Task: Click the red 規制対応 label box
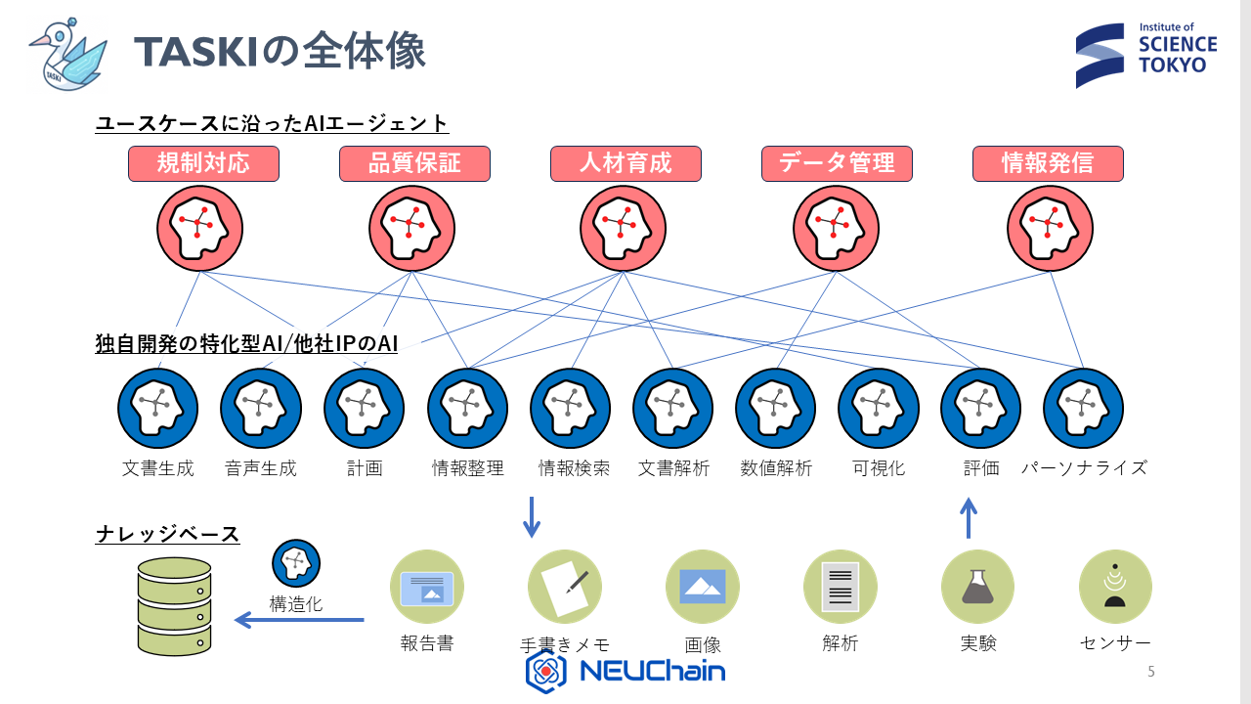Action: tap(203, 163)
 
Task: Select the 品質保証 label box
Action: tap(414, 163)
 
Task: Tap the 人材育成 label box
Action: tap(625, 163)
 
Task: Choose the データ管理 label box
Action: tap(837, 163)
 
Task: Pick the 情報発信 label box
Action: tap(1048, 163)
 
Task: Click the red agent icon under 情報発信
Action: tap(1050, 229)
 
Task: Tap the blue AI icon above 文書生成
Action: tap(158, 408)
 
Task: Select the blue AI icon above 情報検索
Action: tap(570, 408)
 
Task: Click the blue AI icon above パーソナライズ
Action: tap(1083, 408)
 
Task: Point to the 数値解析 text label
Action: tap(776, 468)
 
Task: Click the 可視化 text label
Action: tap(879, 468)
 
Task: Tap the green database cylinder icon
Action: tap(174, 606)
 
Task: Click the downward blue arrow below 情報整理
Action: tap(532, 517)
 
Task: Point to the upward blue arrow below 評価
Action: tap(969, 517)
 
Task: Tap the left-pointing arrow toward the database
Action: tap(299, 620)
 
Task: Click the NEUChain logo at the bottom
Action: tap(625, 672)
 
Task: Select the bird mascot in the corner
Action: tap(66, 53)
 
